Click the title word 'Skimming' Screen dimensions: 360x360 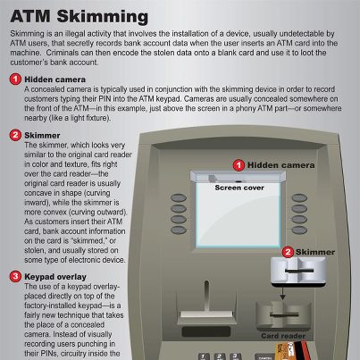pyautogui.click(x=103, y=16)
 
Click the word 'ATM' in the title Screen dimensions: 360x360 pyautogui.click(x=30, y=16)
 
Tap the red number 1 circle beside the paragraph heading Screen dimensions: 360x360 pyautogui.click(x=15, y=80)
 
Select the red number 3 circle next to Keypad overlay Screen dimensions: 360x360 pyautogui.click(x=15, y=277)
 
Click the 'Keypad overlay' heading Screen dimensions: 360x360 pyautogui.click(x=55, y=277)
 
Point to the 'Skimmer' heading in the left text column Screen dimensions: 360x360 pyautogui.click(x=42, y=136)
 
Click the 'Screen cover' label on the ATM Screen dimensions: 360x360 pyautogui.click(x=239, y=188)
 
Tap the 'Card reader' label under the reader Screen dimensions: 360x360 pyautogui.click(x=283, y=336)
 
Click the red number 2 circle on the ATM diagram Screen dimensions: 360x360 pyautogui.click(x=288, y=252)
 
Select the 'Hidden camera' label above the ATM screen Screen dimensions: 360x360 pyautogui.click(x=280, y=165)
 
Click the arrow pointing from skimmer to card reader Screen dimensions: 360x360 pyautogui.click(x=282, y=292)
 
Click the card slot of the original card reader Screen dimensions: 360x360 pyautogui.click(x=284, y=314)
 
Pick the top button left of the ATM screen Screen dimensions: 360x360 pyautogui.click(x=179, y=197)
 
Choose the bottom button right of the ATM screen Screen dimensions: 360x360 pyautogui.click(x=299, y=230)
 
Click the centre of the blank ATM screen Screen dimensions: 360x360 pyautogui.click(x=238, y=214)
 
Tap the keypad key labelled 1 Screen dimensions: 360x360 pyautogui.click(x=204, y=356)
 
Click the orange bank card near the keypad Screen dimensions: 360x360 pyautogui.click(x=285, y=351)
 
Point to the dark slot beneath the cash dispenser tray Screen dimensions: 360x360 pyautogui.click(x=206, y=331)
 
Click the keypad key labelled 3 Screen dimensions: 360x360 pyautogui.click(x=235, y=356)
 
